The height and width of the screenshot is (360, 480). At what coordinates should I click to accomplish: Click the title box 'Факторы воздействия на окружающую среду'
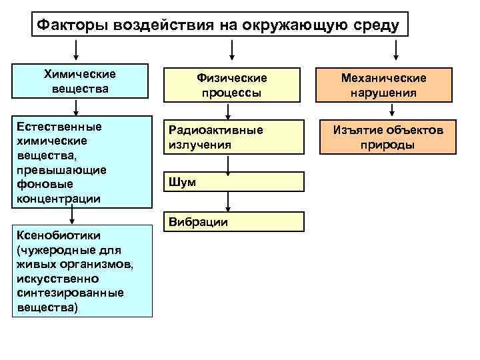[x=219, y=25]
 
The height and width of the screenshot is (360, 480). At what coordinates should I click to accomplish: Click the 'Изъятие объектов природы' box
[x=388, y=137]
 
